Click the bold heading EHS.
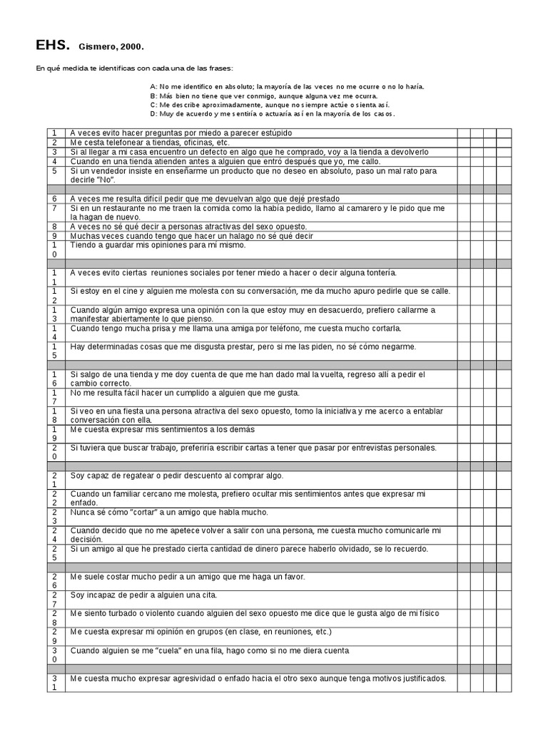53,46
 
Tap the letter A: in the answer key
153,86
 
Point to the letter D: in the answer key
153,114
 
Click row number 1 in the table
54,133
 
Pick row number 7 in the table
54,208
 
